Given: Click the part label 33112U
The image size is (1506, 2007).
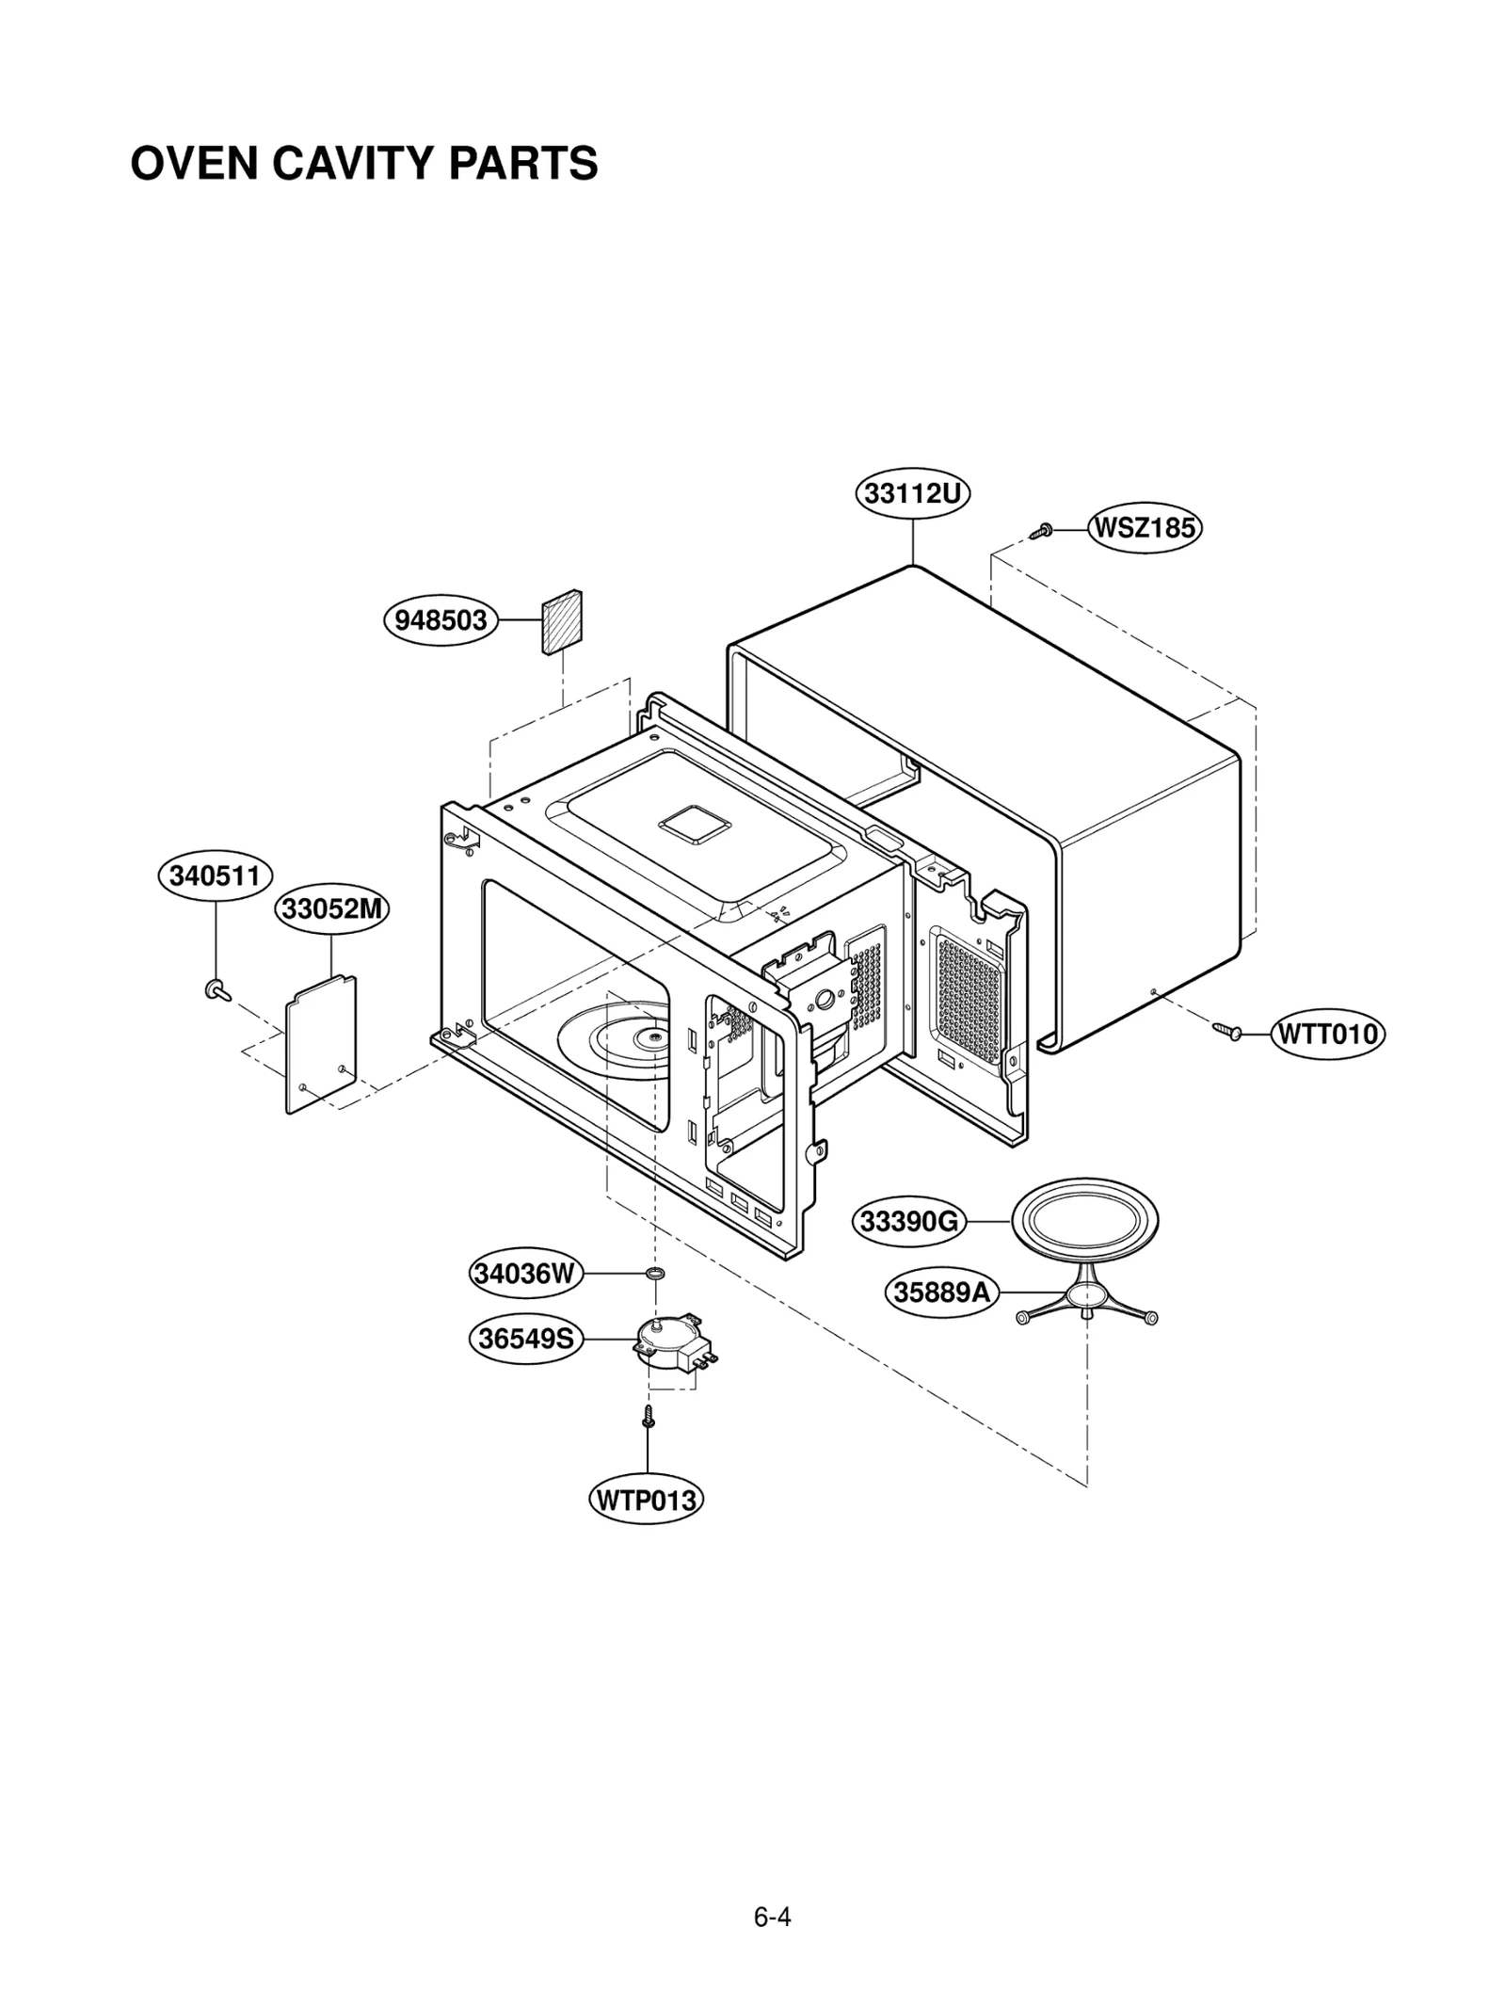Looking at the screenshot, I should (x=912, y=493).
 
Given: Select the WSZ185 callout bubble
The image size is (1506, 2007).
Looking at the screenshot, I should (x=1145, y=527).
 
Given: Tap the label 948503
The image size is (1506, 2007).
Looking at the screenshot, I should (x=441, y=620).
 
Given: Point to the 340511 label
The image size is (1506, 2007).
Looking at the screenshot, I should (x=215, y=875).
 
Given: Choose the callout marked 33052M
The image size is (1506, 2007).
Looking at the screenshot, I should (x=332, y=909).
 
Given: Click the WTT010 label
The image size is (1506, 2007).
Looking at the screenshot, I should (x=1327, y=1034).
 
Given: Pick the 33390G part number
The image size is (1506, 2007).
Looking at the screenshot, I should (x=909, y=1222).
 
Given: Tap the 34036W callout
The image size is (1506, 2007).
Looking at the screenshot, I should (x=526, y=1274).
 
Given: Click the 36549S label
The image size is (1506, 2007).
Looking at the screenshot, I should (x=526, y=1338).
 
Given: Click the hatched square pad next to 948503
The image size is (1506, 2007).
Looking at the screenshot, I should (x=561, y=621).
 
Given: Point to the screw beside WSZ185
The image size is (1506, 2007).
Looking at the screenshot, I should (x=1041, y=531).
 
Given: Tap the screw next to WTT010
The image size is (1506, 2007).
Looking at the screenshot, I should (x=1226, y=1032).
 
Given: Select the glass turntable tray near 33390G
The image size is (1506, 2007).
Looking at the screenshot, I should (x=1084, y=1222).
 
